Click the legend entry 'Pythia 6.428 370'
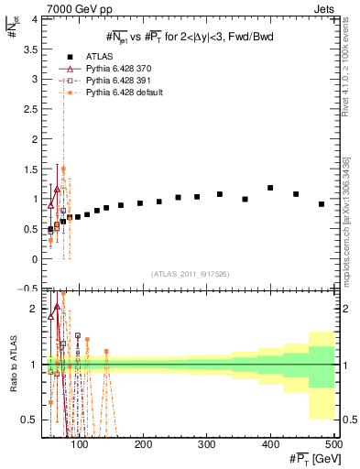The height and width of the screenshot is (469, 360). (120, 70)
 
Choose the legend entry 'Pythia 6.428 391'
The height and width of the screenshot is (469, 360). (120, 82)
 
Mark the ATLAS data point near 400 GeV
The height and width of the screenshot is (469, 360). (270, 188)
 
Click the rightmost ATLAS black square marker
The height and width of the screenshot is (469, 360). (322, 204)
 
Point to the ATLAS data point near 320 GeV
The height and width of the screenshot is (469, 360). (220, 194)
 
